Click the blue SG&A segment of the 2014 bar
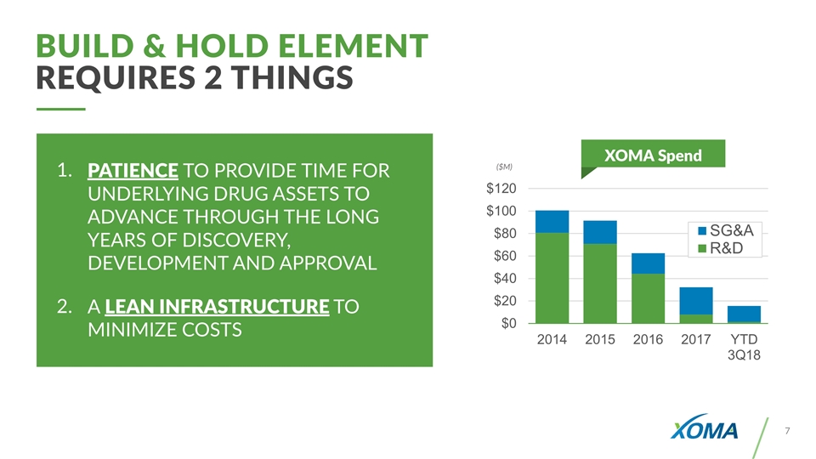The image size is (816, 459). [552, 222]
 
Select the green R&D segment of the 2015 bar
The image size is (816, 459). [600, 284]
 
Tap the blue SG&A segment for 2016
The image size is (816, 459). [648, 263]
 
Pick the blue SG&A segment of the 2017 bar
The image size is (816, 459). [696, 301]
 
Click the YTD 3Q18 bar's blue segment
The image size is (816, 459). [745, 314]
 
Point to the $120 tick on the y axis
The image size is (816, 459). [501, 189]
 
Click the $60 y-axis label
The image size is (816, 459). [505, 256]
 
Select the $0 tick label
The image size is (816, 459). [508, 323]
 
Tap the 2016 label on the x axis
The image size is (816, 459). [648, 340]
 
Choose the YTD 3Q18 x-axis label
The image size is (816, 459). [745, 347]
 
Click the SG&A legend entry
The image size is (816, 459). [726, 230]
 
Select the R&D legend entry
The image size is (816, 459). [721, 248]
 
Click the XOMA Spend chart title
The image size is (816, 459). [653, 155]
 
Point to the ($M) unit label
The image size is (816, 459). [504, 167]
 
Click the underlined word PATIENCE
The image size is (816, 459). [133, 171]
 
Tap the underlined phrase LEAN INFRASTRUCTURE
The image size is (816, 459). [217, 307]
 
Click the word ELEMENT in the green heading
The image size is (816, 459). [353, 46]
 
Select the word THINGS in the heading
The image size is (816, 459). [292, 77]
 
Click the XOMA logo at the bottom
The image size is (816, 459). [704, 427]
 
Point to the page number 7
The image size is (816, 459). [787, 431]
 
